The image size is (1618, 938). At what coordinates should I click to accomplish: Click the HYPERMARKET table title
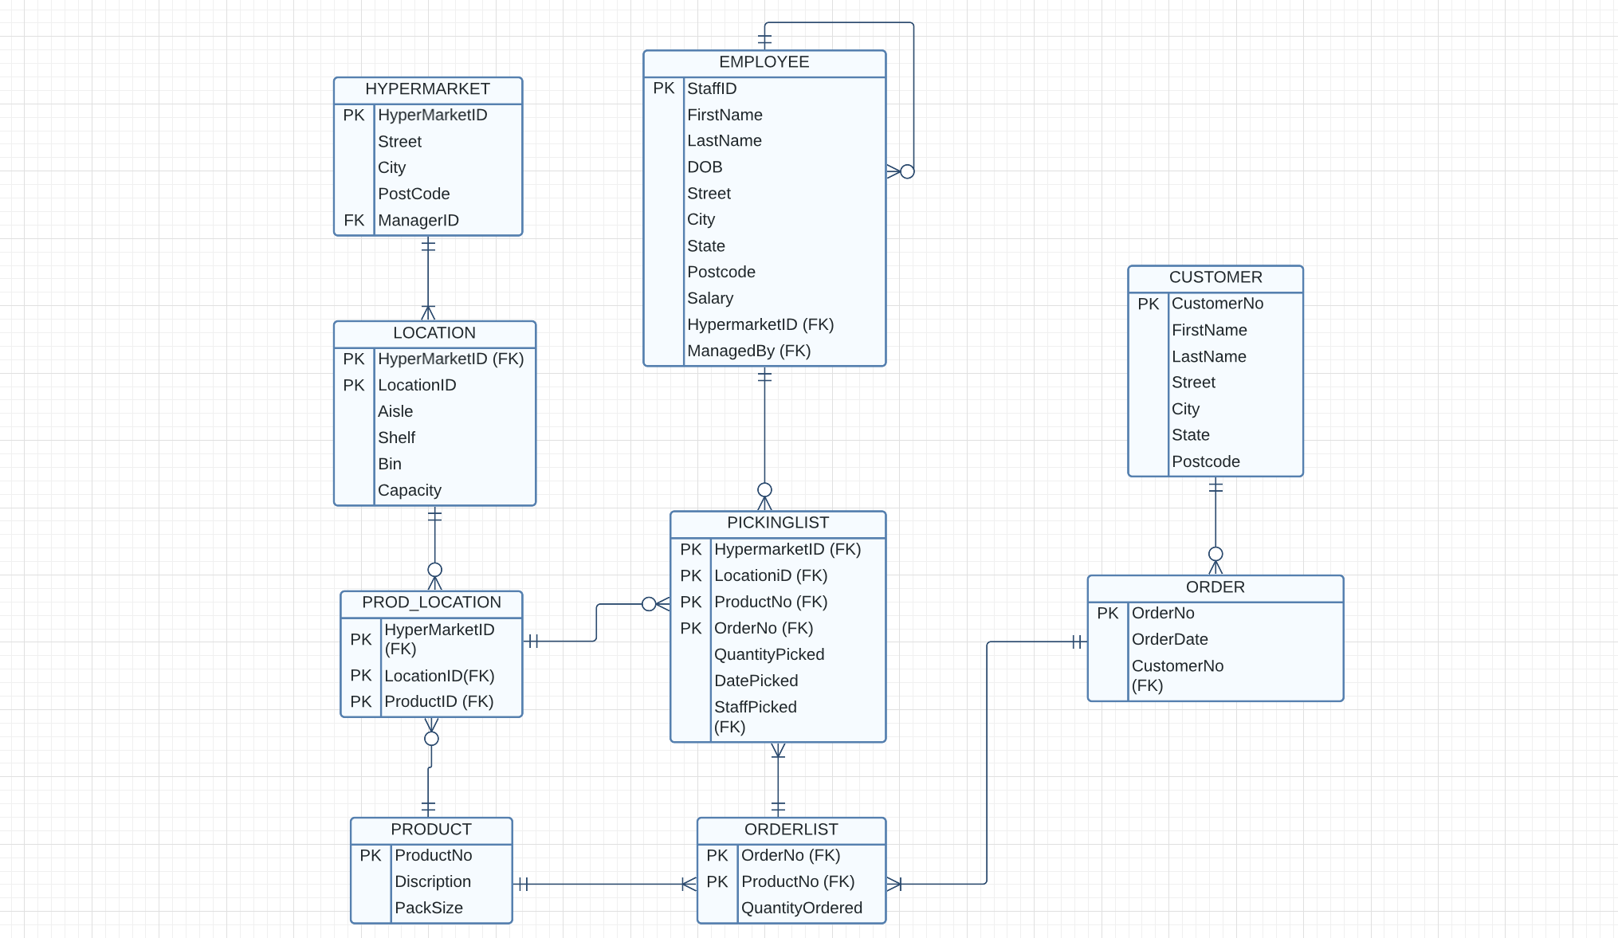427,89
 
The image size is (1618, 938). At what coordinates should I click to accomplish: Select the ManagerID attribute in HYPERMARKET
418,221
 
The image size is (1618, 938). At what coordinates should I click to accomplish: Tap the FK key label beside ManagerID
353,221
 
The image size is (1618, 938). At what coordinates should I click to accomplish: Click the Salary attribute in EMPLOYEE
709,298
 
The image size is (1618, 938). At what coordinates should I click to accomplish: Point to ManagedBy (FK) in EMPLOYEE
748,351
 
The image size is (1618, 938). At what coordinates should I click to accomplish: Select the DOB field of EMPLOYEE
705,167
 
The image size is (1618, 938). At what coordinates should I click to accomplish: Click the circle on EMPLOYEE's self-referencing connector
907,171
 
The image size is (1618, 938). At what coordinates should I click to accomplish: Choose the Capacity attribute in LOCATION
409,491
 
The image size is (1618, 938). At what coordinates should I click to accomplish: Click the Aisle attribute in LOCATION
395,412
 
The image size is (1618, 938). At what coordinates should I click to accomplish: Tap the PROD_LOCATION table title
431,602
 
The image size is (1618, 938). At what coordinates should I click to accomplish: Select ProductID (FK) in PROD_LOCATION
438,702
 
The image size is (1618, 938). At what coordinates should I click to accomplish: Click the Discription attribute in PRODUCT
432,882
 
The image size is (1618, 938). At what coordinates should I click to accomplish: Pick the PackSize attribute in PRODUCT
428,909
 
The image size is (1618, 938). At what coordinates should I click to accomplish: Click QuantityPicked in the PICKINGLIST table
768,655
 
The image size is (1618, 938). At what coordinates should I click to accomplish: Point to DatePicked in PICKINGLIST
756,681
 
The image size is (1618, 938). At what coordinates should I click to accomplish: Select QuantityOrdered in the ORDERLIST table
801,909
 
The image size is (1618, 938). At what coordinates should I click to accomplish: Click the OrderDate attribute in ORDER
1169,640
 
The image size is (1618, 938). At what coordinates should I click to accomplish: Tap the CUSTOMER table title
1215,277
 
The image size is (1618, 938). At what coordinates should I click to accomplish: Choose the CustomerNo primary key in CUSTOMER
1216,304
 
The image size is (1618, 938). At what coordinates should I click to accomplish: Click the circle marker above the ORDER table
1215,554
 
